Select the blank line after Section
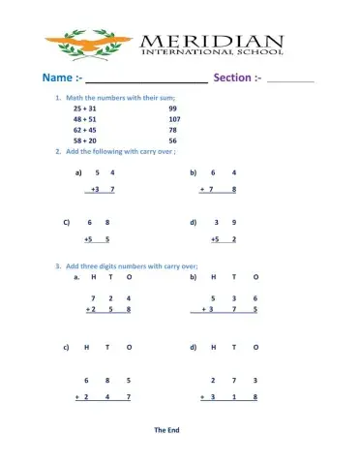[290, 81]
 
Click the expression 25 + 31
[84, 108]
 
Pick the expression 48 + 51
[84, 119]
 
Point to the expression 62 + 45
[84, 130]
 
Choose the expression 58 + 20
[84, 140]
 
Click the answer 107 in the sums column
[174, 119]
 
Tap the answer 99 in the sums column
[172, 108]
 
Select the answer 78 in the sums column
[172, 130]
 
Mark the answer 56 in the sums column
[172, 140]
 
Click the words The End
[166, 429]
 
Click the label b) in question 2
[194, 172]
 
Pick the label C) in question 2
[67, 222]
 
